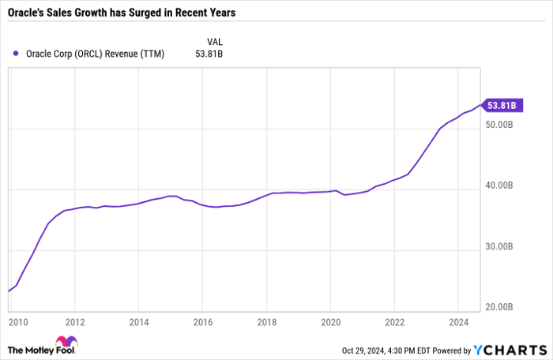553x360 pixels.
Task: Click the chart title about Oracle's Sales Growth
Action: pos(122,13)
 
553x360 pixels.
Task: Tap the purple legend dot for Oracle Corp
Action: pos(17,54)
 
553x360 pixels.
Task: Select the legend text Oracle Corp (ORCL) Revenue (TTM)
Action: pos(94,54)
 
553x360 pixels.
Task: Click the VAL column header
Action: pos(214,40)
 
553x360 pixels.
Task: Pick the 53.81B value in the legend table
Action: pos(210,54)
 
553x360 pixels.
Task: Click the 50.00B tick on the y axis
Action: pos(502,126)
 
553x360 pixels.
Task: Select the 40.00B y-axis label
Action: pos(502,186)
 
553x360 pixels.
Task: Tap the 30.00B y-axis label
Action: pos(502,247)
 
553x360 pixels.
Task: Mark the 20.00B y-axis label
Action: pos(502,307)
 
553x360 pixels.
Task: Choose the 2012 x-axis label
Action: pos(74,322)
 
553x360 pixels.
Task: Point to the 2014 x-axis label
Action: pos(138,322)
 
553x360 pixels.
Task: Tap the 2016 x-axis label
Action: pos(202,322)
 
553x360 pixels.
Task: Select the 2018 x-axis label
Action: pos(266,322)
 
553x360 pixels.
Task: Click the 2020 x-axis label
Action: pos(331,322)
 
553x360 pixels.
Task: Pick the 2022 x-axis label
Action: pos(395,322)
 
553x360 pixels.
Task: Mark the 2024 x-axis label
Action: pos(459,322)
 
